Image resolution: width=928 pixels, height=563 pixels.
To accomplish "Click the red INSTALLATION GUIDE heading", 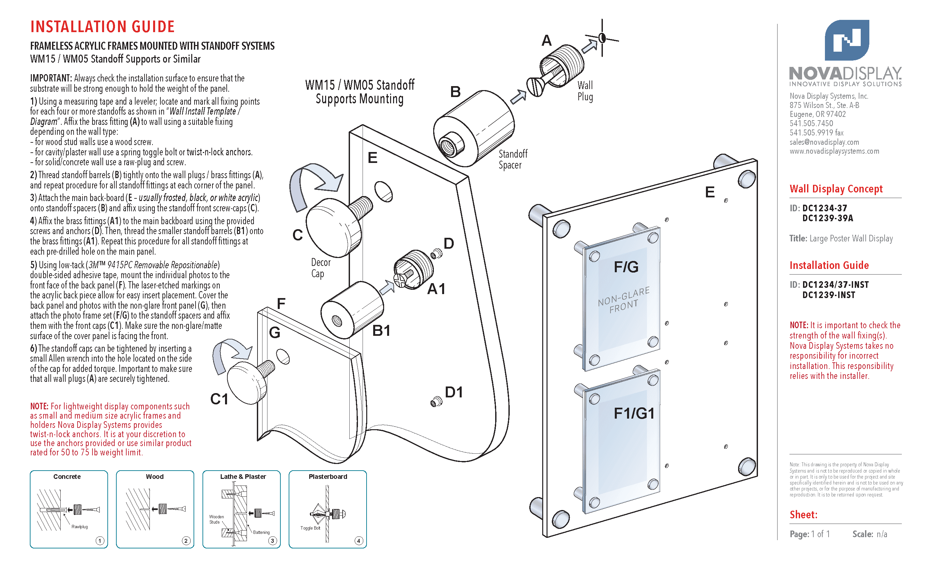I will click(x=102, y=27).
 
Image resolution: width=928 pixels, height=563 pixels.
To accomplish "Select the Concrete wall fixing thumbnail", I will click(x=69, y=509).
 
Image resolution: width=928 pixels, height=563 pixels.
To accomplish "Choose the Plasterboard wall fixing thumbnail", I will click(x=327, y=509).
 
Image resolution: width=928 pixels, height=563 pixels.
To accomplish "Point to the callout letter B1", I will click(x=381, y=331).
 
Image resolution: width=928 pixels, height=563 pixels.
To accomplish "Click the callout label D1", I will click(x=453, y=392).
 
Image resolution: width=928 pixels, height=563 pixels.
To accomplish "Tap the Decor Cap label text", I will click(x=320, y=268).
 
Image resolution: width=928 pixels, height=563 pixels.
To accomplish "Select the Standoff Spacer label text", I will click(x=513, y=159).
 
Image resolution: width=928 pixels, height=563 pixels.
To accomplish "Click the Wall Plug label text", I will click(x=585, y=91).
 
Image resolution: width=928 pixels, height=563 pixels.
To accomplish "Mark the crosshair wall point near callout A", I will click(x=602, y=38).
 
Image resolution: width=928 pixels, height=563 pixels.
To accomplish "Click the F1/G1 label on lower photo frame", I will click(x=634, y=413).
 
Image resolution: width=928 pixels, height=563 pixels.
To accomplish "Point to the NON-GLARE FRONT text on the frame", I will click(x=624, y=300).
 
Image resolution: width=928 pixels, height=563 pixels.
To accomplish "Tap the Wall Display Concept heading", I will click(x=836, y=188).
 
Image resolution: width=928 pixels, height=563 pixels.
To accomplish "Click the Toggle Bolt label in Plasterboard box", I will click(x=310, y=528).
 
